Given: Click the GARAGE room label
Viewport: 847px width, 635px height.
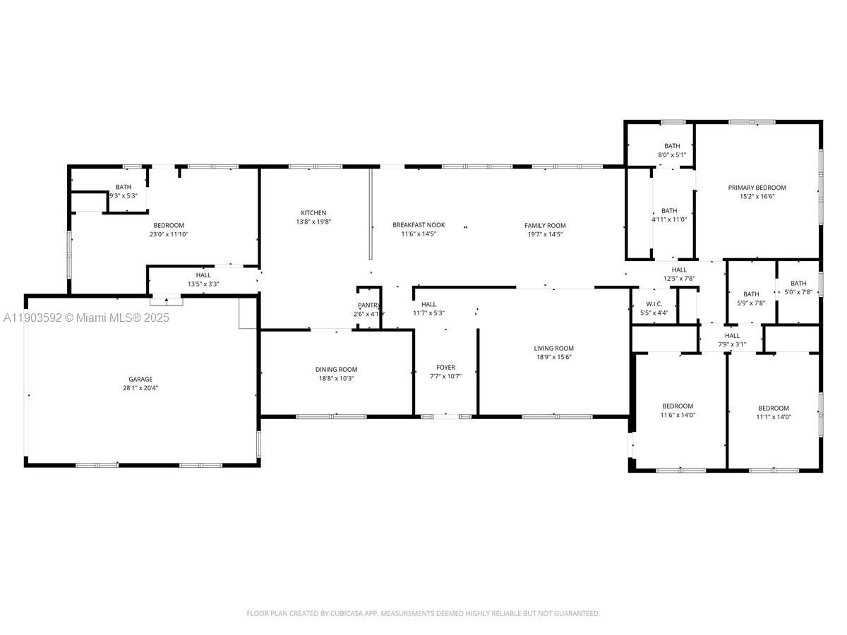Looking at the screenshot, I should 140,379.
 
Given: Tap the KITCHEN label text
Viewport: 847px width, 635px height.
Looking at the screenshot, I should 313,213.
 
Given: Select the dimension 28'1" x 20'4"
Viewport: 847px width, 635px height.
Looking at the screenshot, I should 140,388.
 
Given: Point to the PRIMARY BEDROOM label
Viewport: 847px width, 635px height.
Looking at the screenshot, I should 757,188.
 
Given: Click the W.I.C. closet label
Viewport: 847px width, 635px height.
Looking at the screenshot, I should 653,303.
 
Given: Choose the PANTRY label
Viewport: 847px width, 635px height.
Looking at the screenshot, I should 369,305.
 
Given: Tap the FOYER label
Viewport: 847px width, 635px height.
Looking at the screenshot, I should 445,367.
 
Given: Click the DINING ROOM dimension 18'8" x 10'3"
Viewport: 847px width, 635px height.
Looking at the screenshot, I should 336,378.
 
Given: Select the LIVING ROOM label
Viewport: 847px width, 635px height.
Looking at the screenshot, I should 553,348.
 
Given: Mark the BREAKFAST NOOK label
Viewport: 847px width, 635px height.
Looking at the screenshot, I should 419,225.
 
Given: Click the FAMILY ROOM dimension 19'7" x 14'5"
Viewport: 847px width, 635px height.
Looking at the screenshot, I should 545,234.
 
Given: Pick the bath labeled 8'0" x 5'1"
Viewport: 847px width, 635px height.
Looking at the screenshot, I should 672,155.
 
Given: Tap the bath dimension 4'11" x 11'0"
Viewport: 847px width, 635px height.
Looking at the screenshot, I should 669,219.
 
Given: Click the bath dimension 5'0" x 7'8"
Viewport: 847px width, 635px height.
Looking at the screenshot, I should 798,292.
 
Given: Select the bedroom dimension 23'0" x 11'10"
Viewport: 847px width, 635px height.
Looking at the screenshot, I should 169,234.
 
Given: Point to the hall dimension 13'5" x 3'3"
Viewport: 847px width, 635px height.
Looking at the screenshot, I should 203,284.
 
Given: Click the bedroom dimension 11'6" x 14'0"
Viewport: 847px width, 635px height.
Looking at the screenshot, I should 678,415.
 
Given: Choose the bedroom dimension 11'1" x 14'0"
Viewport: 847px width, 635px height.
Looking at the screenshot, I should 774,417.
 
